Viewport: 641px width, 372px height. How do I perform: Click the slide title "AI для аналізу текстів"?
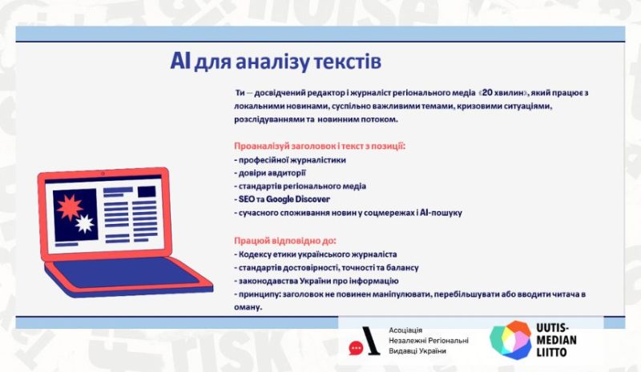coord(276,62)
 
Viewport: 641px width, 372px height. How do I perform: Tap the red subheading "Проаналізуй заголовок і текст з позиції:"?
coord(320,146)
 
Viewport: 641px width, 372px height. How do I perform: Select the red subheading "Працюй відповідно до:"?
coord(285,241)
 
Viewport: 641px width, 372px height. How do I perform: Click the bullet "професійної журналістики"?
coord(290,160)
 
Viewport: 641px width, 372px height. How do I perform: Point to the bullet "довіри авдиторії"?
coord(270,173)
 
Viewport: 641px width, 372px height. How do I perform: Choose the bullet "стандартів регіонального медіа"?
coord(300,186)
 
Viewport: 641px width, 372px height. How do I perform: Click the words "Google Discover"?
coord(298,199)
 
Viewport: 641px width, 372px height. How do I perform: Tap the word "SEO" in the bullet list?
coord(247,199)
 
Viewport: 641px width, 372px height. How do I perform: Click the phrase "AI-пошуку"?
coord(441,213)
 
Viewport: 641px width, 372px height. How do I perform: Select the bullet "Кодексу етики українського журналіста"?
coord(315,254)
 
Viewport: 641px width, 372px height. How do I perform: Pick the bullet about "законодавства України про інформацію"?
coord(316,281)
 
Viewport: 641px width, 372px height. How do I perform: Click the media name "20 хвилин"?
coord(503,93)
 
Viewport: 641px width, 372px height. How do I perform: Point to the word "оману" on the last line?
coord(248,307)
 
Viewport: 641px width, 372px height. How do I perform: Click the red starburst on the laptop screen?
coord(70,207)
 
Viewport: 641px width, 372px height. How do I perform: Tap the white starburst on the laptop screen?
coord(85,224)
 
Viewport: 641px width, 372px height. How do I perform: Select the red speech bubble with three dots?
coord(356,348)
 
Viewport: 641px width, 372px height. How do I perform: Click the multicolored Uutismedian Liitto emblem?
coord(511,340)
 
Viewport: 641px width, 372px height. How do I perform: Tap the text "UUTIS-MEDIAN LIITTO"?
coord(556,340)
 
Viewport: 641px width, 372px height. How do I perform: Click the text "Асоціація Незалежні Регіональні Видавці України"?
coord(429,341)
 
